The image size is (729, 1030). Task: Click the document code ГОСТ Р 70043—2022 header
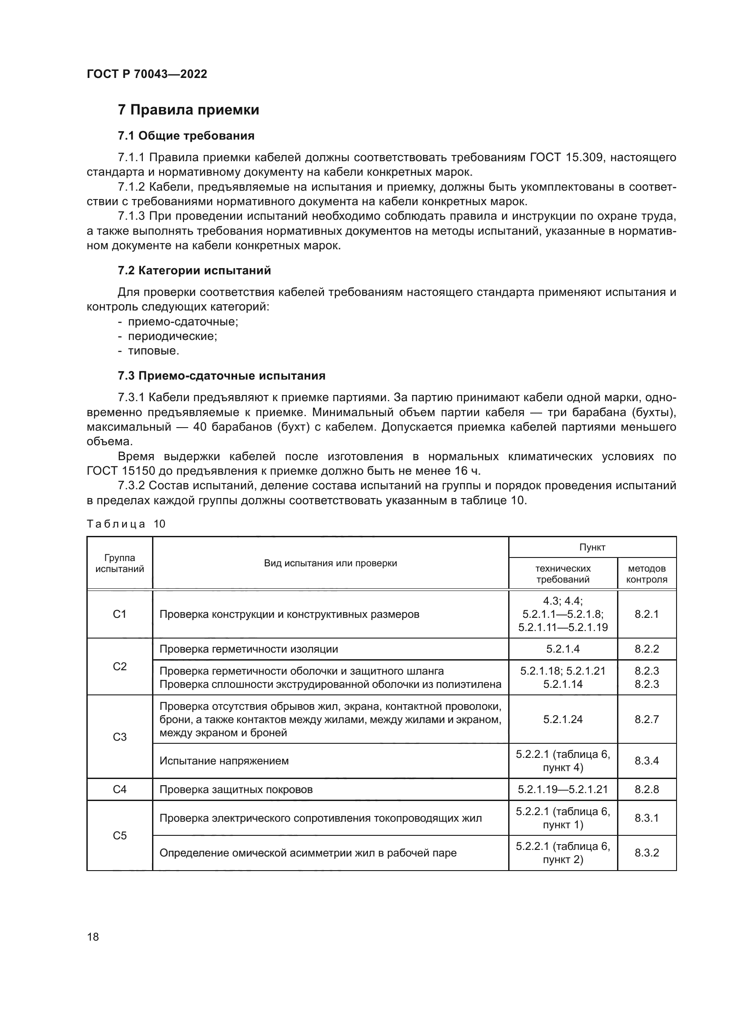coord(147,74)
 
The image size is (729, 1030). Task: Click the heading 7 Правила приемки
coord(188,110)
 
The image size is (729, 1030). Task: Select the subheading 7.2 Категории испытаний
coord(194,270)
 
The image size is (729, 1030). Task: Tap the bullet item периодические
coord(172,336)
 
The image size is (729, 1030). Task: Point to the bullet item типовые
coord(153,351)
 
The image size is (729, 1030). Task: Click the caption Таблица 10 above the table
coord(126,524)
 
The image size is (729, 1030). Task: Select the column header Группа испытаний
coord(119,564)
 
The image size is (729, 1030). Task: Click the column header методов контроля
coord(647,574)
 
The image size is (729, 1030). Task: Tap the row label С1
coord(119,614)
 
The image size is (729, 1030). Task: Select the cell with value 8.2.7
coord(647,720)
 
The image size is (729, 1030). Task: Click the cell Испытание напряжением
coord(224,761)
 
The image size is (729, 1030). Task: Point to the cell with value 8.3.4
coord(647,761)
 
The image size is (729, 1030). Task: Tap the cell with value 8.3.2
coord(647,853)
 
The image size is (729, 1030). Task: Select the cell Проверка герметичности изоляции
coord(249,649)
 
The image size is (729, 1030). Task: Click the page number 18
coord(93,937)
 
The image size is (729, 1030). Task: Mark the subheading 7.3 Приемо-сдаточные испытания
coord(221,376)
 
